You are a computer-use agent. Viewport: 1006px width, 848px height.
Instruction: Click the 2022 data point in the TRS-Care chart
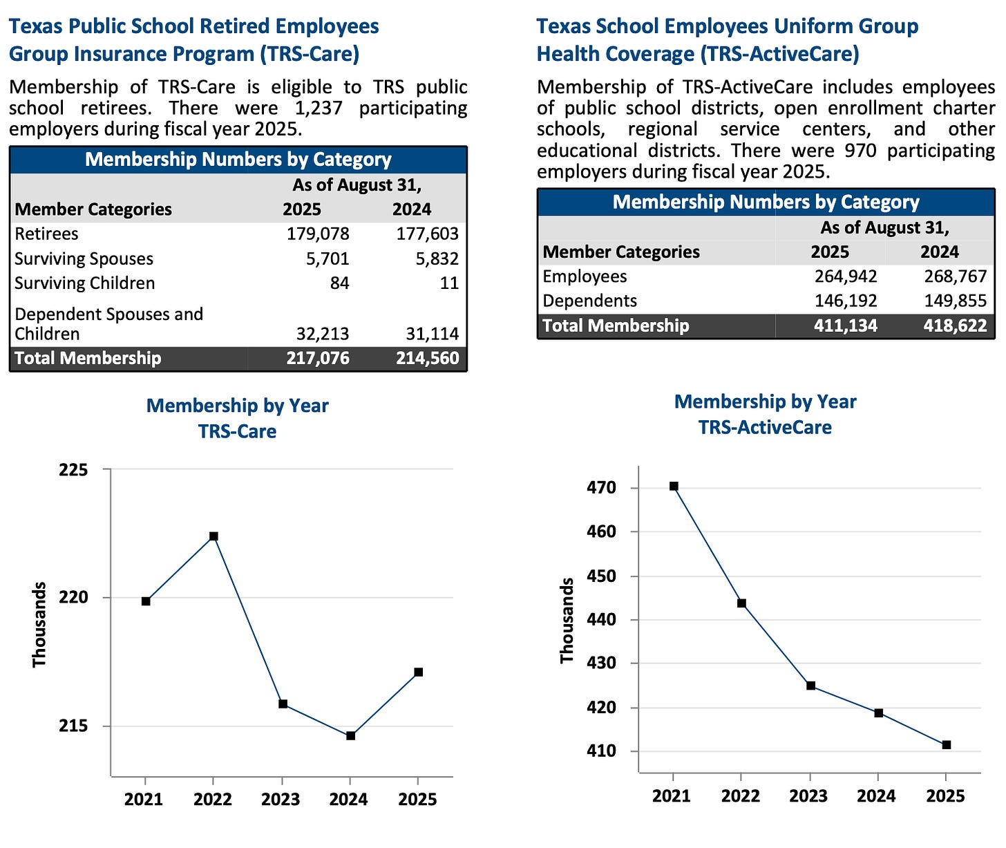213,536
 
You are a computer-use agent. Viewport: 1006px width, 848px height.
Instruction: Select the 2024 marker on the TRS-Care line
350,736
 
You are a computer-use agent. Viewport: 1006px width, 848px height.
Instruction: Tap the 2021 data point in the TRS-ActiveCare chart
674,487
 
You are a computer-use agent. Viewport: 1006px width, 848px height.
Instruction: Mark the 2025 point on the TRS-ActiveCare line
946,745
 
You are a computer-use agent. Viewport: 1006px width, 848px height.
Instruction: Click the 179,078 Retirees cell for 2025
318,234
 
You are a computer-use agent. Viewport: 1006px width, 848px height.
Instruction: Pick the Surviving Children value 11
449,283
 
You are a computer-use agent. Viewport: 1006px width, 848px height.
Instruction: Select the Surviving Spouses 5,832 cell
427,259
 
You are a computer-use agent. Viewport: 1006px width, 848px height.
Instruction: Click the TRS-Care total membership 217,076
318,358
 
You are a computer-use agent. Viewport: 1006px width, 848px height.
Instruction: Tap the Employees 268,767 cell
955,277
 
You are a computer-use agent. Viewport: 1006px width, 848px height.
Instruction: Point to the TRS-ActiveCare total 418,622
955,326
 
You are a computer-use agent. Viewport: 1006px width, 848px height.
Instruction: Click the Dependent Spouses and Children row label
108,324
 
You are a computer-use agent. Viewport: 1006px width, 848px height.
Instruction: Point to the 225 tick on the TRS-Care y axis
73,470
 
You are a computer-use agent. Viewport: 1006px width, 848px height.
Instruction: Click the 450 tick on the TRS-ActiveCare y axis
601,576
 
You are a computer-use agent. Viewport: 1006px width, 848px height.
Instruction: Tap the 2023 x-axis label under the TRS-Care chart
281,800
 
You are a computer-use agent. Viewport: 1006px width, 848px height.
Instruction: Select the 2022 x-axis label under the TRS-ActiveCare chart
740,796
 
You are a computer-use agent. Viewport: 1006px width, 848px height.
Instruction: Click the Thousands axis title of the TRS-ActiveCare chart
567,621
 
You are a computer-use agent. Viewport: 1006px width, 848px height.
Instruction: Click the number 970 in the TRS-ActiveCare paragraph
861,151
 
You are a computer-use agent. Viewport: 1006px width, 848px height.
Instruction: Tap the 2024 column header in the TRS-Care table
412,209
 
